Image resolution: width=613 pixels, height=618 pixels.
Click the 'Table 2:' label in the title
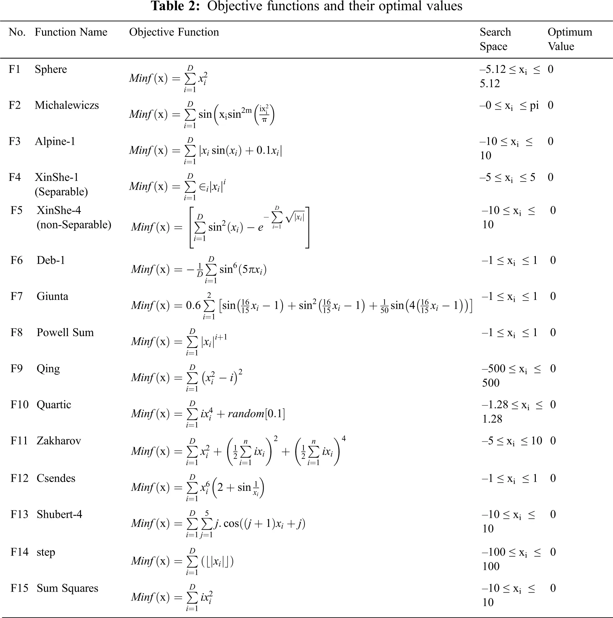(x=175, y=6)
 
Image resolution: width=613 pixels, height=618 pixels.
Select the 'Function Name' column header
(x=71, y=32)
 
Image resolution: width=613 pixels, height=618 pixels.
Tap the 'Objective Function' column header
(x=174, y=32)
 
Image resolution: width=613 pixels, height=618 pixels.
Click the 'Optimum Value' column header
(x=569, y=39)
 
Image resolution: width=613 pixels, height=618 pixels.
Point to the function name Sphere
(x=51, y=69)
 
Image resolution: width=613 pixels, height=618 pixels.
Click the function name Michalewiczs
(x=67, y=105)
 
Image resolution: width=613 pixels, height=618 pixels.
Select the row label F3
(x=14, y=141)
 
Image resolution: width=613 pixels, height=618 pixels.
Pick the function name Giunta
(x=52, y=296)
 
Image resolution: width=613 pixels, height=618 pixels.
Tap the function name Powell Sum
(x=65, y=332)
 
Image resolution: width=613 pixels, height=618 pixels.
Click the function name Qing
(x=48, y=369)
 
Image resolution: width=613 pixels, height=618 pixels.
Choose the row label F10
(x=19, y=405)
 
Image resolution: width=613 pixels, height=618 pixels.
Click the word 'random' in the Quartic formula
(x=245, y=414)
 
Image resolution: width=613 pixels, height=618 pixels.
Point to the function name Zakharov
(x=59, y=441)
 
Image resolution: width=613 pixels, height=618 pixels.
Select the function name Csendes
(x=56, y=478)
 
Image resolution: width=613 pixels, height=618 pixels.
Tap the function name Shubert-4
(x=59, y=514)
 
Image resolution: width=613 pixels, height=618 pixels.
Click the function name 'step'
(x=46, y=552)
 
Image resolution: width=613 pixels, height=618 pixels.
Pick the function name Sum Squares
(x=67, y=588)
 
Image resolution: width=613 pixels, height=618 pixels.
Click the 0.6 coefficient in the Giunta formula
(x=193, y=306)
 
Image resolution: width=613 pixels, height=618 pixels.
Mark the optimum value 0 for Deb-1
(x=553, y=260)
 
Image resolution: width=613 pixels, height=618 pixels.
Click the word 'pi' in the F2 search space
(x=534, y=106)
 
